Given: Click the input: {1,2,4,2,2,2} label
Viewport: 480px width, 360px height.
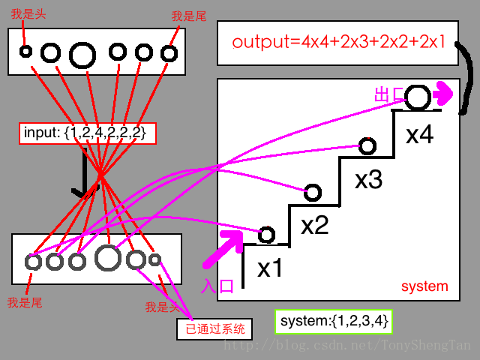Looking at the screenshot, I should [x=87, y=133].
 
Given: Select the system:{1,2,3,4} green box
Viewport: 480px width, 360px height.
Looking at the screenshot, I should [x=334, y=322].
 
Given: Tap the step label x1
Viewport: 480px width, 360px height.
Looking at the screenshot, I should [x=270, y=268].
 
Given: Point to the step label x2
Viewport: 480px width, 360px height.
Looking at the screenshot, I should [x=314, y=225].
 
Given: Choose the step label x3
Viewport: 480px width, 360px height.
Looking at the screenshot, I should [x=369, y=181].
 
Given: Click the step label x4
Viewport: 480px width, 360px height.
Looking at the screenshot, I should [x=419, y=136].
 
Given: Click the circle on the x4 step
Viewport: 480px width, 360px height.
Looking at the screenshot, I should [x=418, y=97].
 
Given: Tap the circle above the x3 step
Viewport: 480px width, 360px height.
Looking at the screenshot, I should [x=367, y=145].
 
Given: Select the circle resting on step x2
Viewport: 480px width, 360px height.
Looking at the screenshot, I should [x=313, y=193].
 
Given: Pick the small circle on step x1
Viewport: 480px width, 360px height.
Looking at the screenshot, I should [x=266, y=235].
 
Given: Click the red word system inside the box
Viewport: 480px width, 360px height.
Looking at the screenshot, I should [x=424, y=286].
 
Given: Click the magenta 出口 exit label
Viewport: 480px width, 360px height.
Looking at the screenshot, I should [x=388, y=95].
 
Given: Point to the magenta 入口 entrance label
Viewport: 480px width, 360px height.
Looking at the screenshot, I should [x=217, y=286].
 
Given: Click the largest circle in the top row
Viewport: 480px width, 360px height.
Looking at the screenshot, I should [x=82, y=54].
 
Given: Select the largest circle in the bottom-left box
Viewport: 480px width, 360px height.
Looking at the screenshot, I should [x=108, y=259].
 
